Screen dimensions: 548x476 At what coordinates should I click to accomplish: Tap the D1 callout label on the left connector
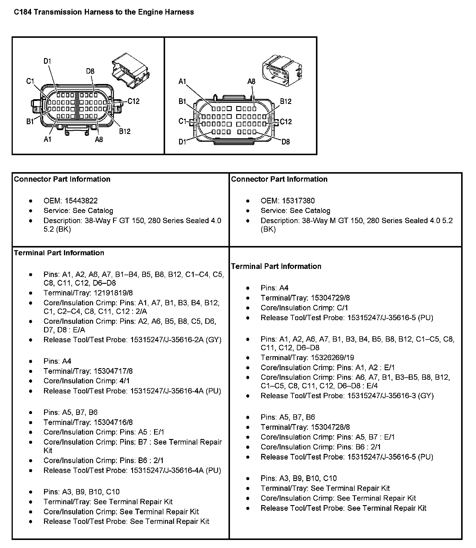click(47, 61)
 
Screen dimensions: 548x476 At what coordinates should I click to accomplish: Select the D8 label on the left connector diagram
click(90, 71)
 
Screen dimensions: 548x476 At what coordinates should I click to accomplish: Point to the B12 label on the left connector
click(125, 131)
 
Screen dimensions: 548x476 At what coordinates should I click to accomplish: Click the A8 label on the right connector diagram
click(251, 82)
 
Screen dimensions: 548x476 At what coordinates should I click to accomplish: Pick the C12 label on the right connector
click(286, 122)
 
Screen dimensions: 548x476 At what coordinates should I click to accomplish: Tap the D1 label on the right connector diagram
click(182, 142)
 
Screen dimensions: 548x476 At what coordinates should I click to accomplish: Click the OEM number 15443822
click(81, 201)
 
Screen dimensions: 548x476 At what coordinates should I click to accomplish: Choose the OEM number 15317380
click(298, 201)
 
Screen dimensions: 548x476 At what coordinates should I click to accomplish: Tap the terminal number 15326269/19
click(332, 358)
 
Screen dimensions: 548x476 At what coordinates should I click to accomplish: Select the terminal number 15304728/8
click(330, 427)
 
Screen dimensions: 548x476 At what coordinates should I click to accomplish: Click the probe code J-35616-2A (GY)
click(193, 340)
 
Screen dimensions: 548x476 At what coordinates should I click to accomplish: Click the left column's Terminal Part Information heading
click(59, 253)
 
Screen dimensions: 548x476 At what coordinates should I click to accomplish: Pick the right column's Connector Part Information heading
click(279, 179)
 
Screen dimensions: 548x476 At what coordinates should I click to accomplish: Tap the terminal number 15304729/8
click(330, 298)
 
